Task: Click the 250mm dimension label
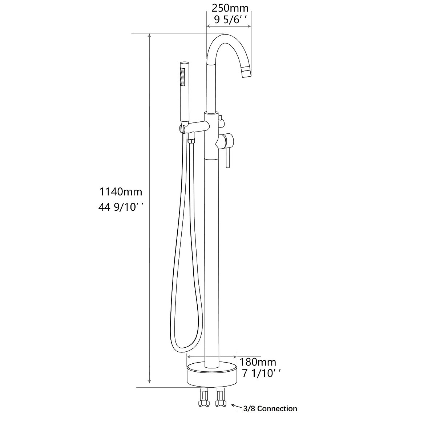[228, 7]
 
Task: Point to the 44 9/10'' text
[121, 207]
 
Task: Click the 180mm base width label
[258, 362]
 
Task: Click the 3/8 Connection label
[271, 409]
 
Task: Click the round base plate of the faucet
[211, 375]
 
